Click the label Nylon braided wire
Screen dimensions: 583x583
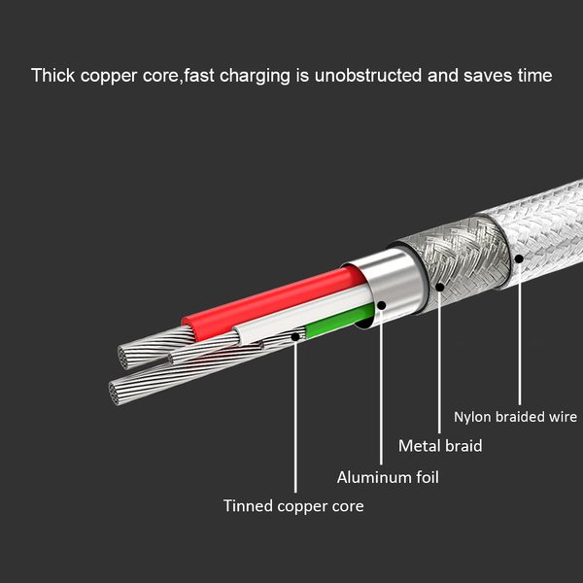pos(515,417)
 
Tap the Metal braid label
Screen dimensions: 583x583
pos(440,446)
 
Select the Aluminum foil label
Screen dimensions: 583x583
pos(388,477)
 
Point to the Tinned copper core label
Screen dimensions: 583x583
pos(293,506)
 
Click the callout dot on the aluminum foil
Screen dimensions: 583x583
pos(381,304)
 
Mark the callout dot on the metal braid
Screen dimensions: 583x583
pos(440,286)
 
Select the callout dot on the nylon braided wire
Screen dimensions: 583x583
pos(519,258)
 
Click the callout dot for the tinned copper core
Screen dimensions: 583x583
pos(294,337)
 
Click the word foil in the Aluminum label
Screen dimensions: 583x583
pos(425,477)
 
